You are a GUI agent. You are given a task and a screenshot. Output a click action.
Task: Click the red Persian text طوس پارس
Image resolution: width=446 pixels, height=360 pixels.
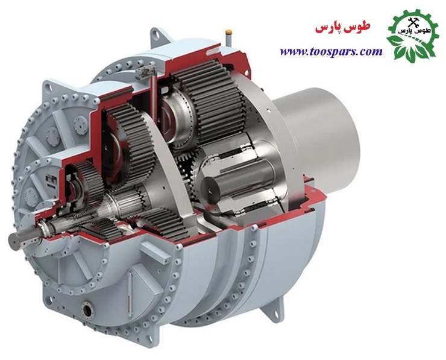[343, 28]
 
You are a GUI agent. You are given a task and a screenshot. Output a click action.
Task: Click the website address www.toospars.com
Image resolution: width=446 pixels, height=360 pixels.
[331, 52]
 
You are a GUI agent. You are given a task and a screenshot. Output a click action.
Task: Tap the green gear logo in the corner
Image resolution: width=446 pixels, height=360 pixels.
[411, 36]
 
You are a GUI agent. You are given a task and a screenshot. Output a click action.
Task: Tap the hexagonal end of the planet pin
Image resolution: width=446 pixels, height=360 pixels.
[208, 187]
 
